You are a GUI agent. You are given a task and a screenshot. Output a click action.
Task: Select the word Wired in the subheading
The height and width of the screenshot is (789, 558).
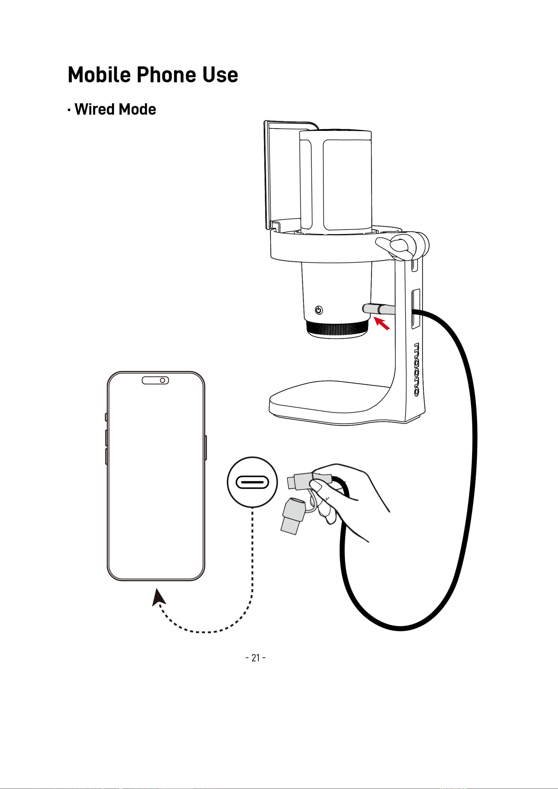tap(95, 109)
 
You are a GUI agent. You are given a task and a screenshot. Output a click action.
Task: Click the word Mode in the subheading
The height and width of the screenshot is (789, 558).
tap(137, 109)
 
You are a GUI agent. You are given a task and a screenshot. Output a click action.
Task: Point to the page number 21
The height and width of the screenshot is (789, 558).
tap(256, 658)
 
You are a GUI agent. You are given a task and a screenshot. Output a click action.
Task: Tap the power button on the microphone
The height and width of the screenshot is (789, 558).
tap(319, 310)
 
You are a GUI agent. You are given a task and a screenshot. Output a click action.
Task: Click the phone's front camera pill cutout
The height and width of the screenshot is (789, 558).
tap(155, 380)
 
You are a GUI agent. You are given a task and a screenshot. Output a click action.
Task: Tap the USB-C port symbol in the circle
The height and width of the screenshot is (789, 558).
tap(252, 482)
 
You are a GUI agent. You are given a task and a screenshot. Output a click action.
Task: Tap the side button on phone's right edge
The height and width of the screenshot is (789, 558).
tap(206, 447)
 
